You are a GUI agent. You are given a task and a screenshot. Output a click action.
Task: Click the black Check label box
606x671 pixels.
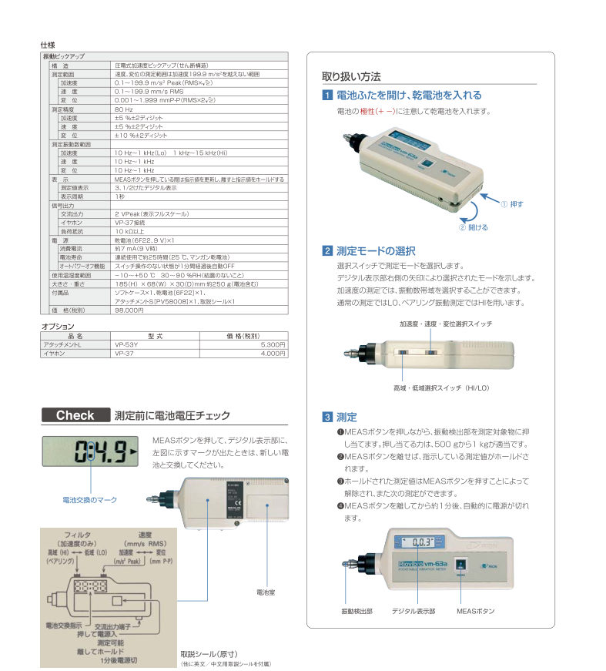75,415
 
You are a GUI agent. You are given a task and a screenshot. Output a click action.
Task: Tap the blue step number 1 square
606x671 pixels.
327,96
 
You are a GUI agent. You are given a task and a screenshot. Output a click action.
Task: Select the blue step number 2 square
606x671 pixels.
327,250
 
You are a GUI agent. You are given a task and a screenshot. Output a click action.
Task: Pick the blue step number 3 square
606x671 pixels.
327,417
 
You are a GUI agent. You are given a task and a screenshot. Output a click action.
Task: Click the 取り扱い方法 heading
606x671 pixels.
350,76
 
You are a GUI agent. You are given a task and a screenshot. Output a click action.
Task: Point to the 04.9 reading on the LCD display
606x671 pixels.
99,452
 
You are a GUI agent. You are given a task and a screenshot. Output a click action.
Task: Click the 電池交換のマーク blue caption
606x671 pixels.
89,500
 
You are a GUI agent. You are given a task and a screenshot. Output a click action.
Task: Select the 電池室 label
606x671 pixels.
266,592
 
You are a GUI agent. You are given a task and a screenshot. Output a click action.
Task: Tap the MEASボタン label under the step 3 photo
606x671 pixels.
475,611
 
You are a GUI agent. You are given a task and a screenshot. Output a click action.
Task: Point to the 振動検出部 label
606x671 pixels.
357,611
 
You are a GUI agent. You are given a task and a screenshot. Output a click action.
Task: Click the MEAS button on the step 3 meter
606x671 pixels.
461,565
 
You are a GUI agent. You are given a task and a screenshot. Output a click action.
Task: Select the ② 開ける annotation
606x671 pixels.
474,227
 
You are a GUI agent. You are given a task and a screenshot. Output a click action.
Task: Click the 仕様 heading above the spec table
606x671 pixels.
48,45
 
